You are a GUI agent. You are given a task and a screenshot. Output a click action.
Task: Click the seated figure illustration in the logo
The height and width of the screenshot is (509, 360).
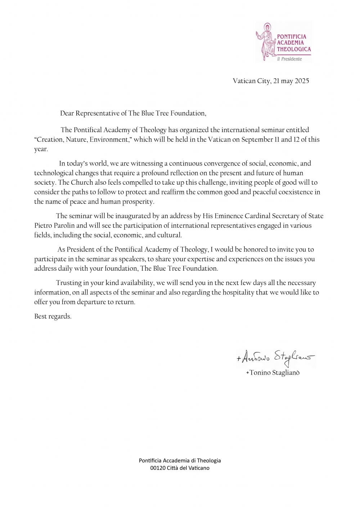(266, 42)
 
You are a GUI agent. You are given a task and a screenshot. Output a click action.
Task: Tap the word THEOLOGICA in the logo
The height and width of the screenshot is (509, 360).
(293, 49)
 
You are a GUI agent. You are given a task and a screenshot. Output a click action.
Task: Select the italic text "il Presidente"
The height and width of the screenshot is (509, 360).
(289, 59)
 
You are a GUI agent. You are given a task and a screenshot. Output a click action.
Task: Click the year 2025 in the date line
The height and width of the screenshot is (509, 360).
(302, 81)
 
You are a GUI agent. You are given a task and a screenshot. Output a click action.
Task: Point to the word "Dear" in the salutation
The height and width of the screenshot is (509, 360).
(67, 113)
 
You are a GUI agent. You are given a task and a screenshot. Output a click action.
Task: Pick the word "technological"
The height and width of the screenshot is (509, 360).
(54, 173)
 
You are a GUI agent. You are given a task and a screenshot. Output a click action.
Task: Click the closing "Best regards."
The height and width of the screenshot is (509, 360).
(53, 316)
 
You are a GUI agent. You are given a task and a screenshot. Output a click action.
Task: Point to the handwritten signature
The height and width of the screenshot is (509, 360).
(275, 357)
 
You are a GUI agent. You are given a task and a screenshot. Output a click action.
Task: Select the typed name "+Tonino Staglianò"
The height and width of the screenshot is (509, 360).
(273, 373)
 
